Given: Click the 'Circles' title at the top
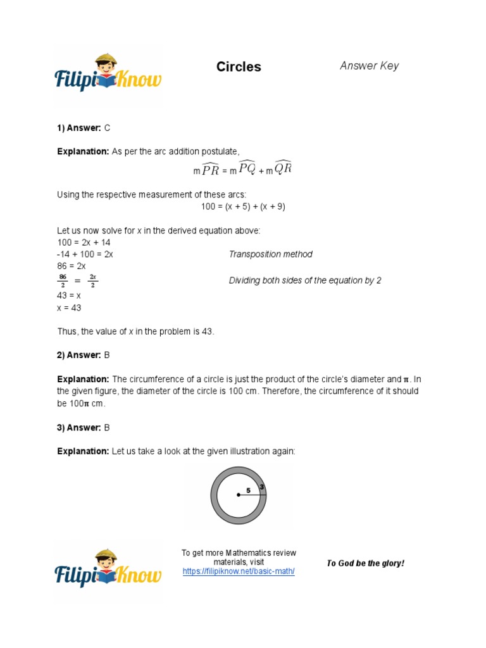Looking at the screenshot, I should (239, 67).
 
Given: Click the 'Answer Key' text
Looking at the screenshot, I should (369, 66).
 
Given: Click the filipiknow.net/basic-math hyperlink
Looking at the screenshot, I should (239, 571).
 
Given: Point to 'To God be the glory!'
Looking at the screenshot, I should (365, 563).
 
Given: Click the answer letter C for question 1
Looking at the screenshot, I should (107, 128).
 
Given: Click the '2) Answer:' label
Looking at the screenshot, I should (79, 356).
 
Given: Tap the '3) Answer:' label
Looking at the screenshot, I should (79, 428).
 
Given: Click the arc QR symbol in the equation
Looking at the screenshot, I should (282, 169).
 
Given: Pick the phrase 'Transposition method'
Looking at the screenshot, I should (270, 254).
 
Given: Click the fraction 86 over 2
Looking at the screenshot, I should (63, 280).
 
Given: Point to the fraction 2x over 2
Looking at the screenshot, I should (92, 280).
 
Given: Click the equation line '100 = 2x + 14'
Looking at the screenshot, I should (84, 242).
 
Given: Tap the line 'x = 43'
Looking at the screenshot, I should (69, 308).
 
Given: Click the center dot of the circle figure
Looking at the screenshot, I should (239, 495).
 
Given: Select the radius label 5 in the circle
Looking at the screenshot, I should (248, 490).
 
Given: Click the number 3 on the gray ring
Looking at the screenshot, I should (261, 487).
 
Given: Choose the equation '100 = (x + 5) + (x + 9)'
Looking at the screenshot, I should (239, 206).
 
